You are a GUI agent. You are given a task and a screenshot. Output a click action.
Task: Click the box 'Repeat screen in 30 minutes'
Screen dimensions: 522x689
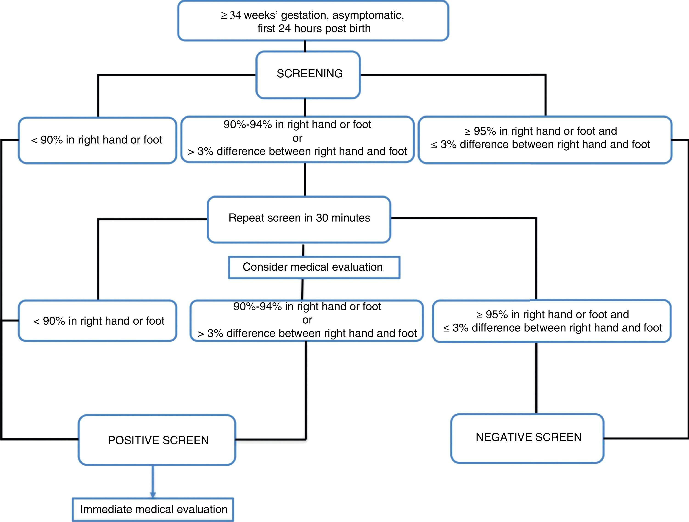[299, 218]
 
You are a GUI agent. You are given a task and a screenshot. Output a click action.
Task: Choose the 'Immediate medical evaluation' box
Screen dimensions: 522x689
[153, 509]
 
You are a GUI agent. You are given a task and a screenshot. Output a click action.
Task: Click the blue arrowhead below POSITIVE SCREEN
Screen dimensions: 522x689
[153, 495]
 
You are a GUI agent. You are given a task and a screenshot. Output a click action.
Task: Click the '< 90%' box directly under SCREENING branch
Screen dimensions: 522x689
[97, 140]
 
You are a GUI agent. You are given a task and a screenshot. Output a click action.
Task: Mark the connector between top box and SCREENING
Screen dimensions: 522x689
[305, 46]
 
